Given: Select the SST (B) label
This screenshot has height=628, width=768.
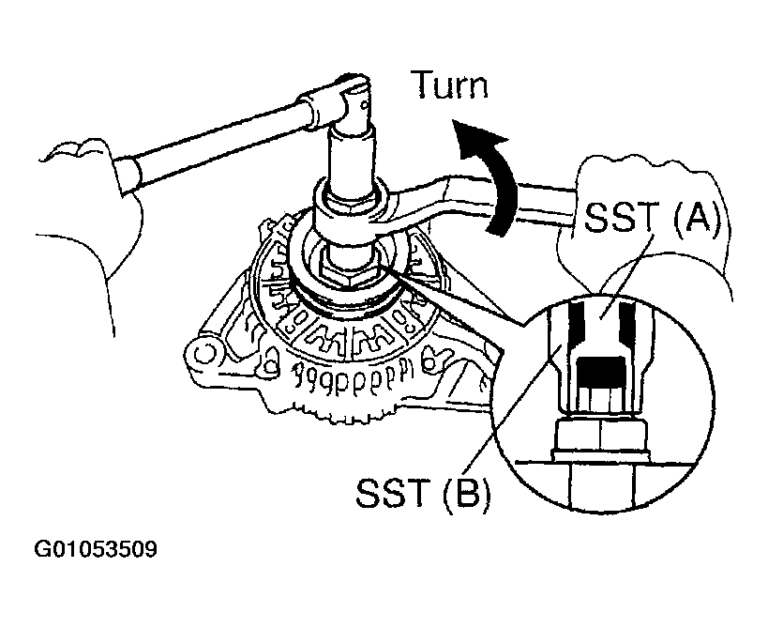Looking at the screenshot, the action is click(422, 493).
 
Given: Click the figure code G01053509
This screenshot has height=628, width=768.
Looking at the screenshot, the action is click(96, 549).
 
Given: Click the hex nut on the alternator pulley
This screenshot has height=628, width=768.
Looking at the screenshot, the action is click(343, 272).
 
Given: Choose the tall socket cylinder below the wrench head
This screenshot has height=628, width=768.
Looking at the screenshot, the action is click(352, 161).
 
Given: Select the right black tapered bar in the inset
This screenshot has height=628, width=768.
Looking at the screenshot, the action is click(625, 324).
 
